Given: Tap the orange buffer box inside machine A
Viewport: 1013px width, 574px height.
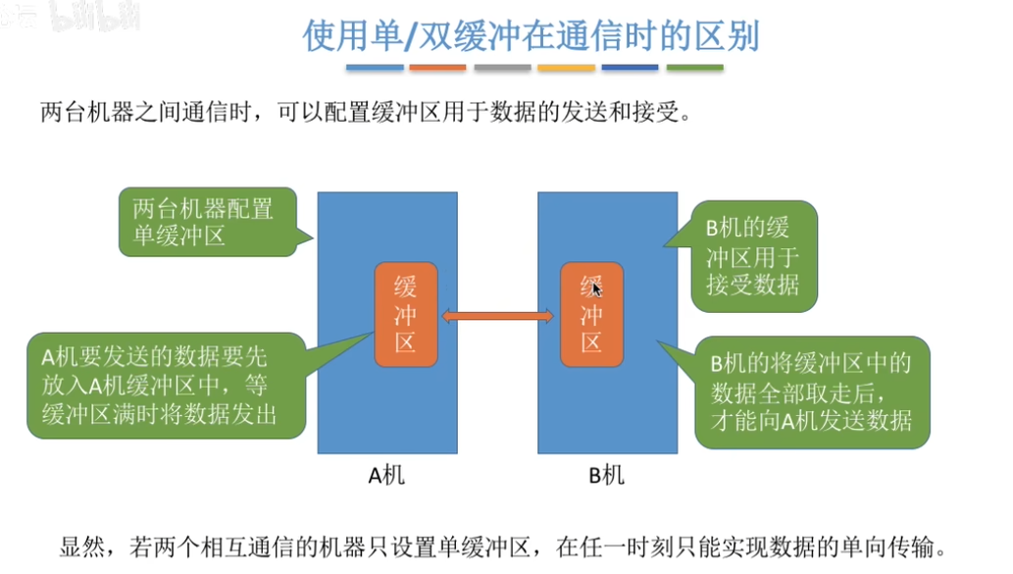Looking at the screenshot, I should (x=406, y=315).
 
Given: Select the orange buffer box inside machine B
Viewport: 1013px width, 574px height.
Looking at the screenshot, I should (x=591, y=315).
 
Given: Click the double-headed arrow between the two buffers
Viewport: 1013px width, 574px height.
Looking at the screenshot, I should (x=498, y=315).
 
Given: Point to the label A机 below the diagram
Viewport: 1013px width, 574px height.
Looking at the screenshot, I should (x=385, y=476).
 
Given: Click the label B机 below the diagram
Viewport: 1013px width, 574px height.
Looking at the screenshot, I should (x=606, y=476).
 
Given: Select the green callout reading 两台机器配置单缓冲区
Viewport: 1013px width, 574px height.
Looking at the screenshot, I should (x=205, y=222).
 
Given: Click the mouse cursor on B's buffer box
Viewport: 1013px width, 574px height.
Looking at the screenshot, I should (x=596, y=288).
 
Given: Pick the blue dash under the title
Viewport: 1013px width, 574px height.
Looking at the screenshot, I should (x=375, y=68).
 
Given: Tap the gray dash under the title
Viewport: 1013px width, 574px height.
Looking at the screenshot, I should (x=502, y=68).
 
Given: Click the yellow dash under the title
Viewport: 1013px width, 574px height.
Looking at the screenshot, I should (x=566, y=68).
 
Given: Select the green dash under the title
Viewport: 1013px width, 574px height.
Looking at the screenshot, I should (x=694, y=68).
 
